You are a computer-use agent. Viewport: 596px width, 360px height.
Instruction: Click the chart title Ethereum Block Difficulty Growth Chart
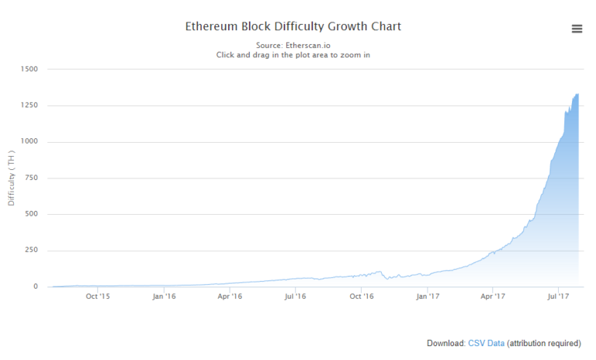click(x=293, y=26)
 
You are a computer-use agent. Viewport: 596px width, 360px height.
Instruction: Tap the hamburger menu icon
click(x=577, y=29)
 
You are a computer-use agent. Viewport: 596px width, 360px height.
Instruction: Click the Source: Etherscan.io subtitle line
click(x=293, y=45)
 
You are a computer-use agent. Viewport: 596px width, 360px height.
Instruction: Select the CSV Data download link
click(x=486, y=343)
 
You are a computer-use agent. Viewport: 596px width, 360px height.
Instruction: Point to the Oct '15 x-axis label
click(x=97, y=296)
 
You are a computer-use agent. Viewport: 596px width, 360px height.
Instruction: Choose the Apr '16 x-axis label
click(x=229, y=296)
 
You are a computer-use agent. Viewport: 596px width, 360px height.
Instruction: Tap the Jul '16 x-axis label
click(x=295, y=296)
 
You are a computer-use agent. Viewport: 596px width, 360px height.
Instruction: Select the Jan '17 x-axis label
click(x=429, y=296)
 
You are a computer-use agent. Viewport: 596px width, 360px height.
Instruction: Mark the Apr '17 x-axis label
click(x=494, y=296)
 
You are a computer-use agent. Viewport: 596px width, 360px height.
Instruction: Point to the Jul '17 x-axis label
click(x=560, y=296)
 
